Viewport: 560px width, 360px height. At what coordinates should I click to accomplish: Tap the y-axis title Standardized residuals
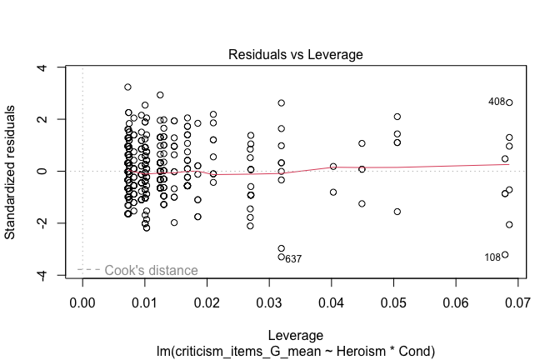(12, 171)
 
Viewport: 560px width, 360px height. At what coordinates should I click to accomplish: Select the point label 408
(497, 102)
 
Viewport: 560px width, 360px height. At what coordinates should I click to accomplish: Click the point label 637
(292, 259)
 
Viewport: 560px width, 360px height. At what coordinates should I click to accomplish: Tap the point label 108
(492, 257)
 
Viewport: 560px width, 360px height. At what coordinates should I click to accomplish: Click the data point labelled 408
(509, 102)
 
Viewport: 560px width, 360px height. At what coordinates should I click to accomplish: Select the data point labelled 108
(505, 255)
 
